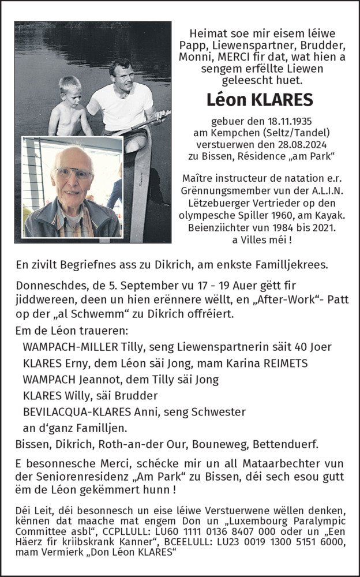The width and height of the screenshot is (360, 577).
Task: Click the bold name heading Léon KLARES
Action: coord(260,100)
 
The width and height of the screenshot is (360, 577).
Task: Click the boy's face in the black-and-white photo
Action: coord(69,88)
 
